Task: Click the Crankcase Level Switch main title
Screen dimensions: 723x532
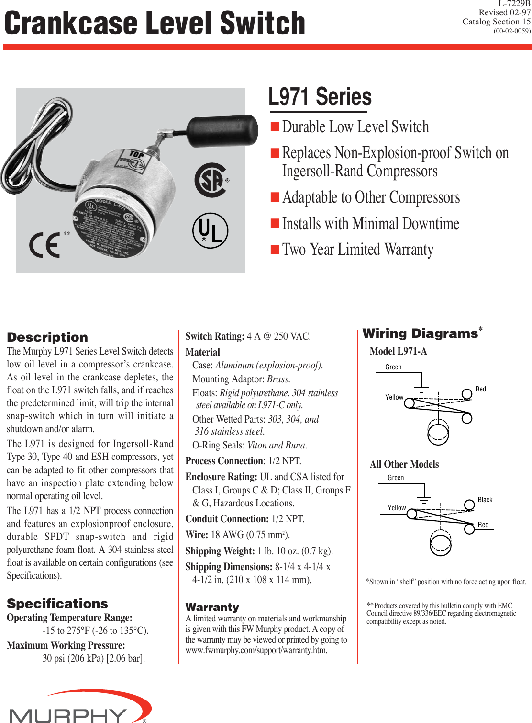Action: pos(155,23)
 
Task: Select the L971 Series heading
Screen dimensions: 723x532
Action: pos(320,97)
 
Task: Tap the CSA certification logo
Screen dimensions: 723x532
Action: pos(211,180)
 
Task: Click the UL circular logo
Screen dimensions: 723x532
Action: pos(210,230)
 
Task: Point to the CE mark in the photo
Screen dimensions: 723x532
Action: pos(45,245)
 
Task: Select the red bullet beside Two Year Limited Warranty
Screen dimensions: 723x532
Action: pos(275,250)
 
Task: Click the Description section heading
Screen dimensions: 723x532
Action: pos(47,337)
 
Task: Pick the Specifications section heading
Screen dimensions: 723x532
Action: pos(57,604)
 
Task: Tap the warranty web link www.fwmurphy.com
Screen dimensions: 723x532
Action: pos(255,650)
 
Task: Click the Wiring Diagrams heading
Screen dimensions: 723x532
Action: pos(420,333)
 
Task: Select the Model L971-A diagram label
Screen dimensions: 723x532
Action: pos(398,351)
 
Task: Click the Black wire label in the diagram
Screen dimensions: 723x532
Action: pos(485,500)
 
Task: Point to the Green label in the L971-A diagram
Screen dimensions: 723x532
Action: pos(393,367)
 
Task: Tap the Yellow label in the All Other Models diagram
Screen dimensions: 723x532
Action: pos(397,508)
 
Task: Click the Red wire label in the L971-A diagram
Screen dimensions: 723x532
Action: pos(480,389)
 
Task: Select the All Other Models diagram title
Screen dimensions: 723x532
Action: pos(404,464)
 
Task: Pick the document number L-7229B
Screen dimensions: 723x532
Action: pos(514,4)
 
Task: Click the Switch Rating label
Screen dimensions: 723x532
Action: pos(215,336)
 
